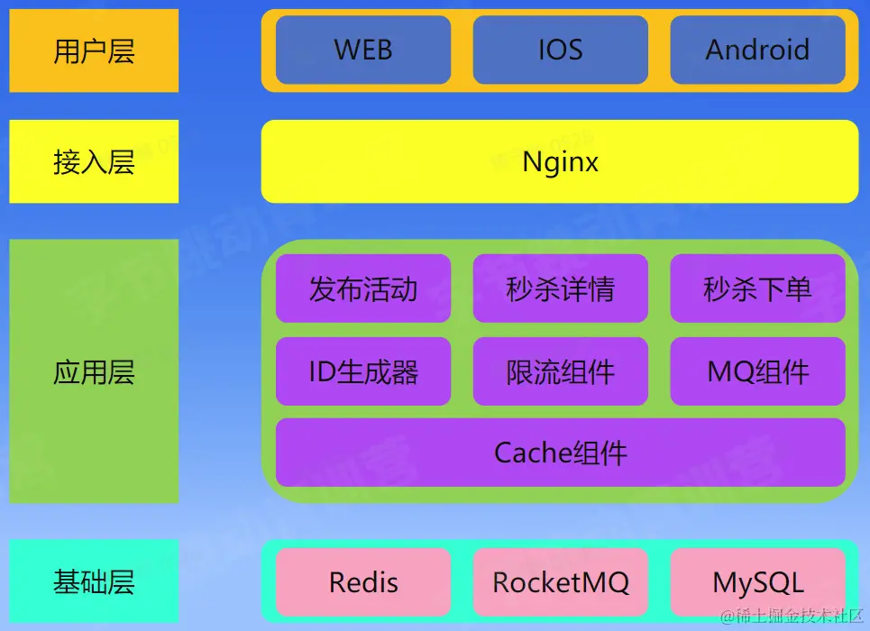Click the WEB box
tap(363, 50)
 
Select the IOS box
tap(560, 50)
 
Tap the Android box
tap(757, 50)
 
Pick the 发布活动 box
tap(363, 288)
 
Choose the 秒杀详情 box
tap(560, 288)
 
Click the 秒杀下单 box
tap(757, 288)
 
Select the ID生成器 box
tap(363, 371)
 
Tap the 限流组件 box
tap(560, 371)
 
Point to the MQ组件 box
tap(757, 371)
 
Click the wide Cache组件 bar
tap(560, 453)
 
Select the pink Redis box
tap(363, 581)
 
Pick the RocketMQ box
tap(560, 581)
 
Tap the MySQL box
tap(757, 581)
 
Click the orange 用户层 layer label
tap(94, 50)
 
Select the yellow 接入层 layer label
tap(94, 161)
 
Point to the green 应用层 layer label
tap(94, 371)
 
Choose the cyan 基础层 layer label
tap(94, 581)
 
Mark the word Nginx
tap(560, 161)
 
